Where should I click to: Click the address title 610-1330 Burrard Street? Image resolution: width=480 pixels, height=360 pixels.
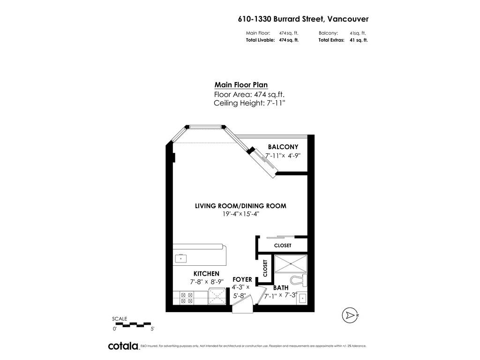303,19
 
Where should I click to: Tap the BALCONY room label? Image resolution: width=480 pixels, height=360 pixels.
283,147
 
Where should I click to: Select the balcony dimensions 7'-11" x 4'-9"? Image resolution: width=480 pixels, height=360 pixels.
283,156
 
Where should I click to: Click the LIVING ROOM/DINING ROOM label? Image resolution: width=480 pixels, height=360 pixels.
240,206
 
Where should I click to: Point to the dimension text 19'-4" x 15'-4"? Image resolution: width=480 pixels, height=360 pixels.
241,214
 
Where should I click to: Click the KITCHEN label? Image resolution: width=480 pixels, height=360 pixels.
206,274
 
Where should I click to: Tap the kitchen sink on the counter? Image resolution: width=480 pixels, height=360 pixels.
181,258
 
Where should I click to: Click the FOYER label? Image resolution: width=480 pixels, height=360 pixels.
242,279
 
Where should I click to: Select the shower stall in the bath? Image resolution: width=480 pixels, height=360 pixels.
291,264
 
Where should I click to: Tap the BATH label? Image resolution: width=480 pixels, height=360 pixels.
281,288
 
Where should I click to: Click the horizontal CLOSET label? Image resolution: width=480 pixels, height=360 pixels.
283,246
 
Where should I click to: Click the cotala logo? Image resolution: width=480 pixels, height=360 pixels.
123,346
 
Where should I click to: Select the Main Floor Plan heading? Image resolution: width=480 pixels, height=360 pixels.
241,85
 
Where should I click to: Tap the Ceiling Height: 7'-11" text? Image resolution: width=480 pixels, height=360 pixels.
249,103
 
